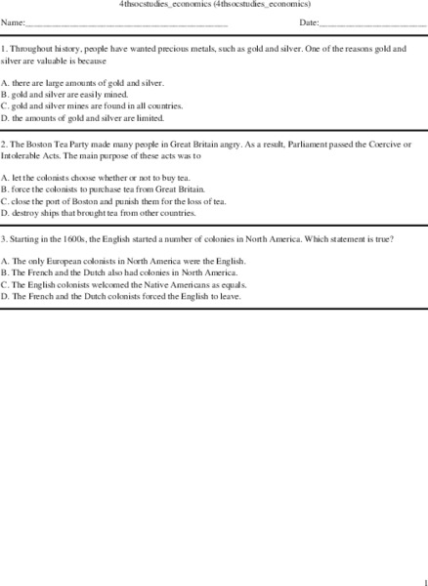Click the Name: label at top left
tap(13, 21)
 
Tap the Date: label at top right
tap(309, 21)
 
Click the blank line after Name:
tap(126, 23)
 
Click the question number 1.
tap(4, 47)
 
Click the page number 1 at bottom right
tap(422, 578)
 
